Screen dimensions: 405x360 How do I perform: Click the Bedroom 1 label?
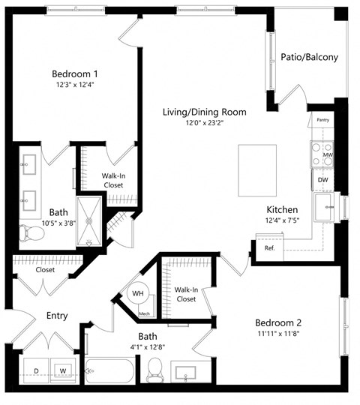tap(75, 73)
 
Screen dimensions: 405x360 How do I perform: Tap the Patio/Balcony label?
tap(309, 57)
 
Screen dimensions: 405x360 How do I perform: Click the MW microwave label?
tap(328, 154)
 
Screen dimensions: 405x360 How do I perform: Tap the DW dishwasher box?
tap(322, 180)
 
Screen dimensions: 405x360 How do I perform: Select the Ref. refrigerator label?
tap(269, 247)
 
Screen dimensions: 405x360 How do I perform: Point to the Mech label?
tap(144, 313)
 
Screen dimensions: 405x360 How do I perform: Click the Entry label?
tap(57, 316)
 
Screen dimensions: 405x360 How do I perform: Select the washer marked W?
tap(62, 370)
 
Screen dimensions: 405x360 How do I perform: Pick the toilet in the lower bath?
tap(155, 368)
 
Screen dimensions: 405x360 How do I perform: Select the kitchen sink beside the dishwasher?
tap(327, 207)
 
